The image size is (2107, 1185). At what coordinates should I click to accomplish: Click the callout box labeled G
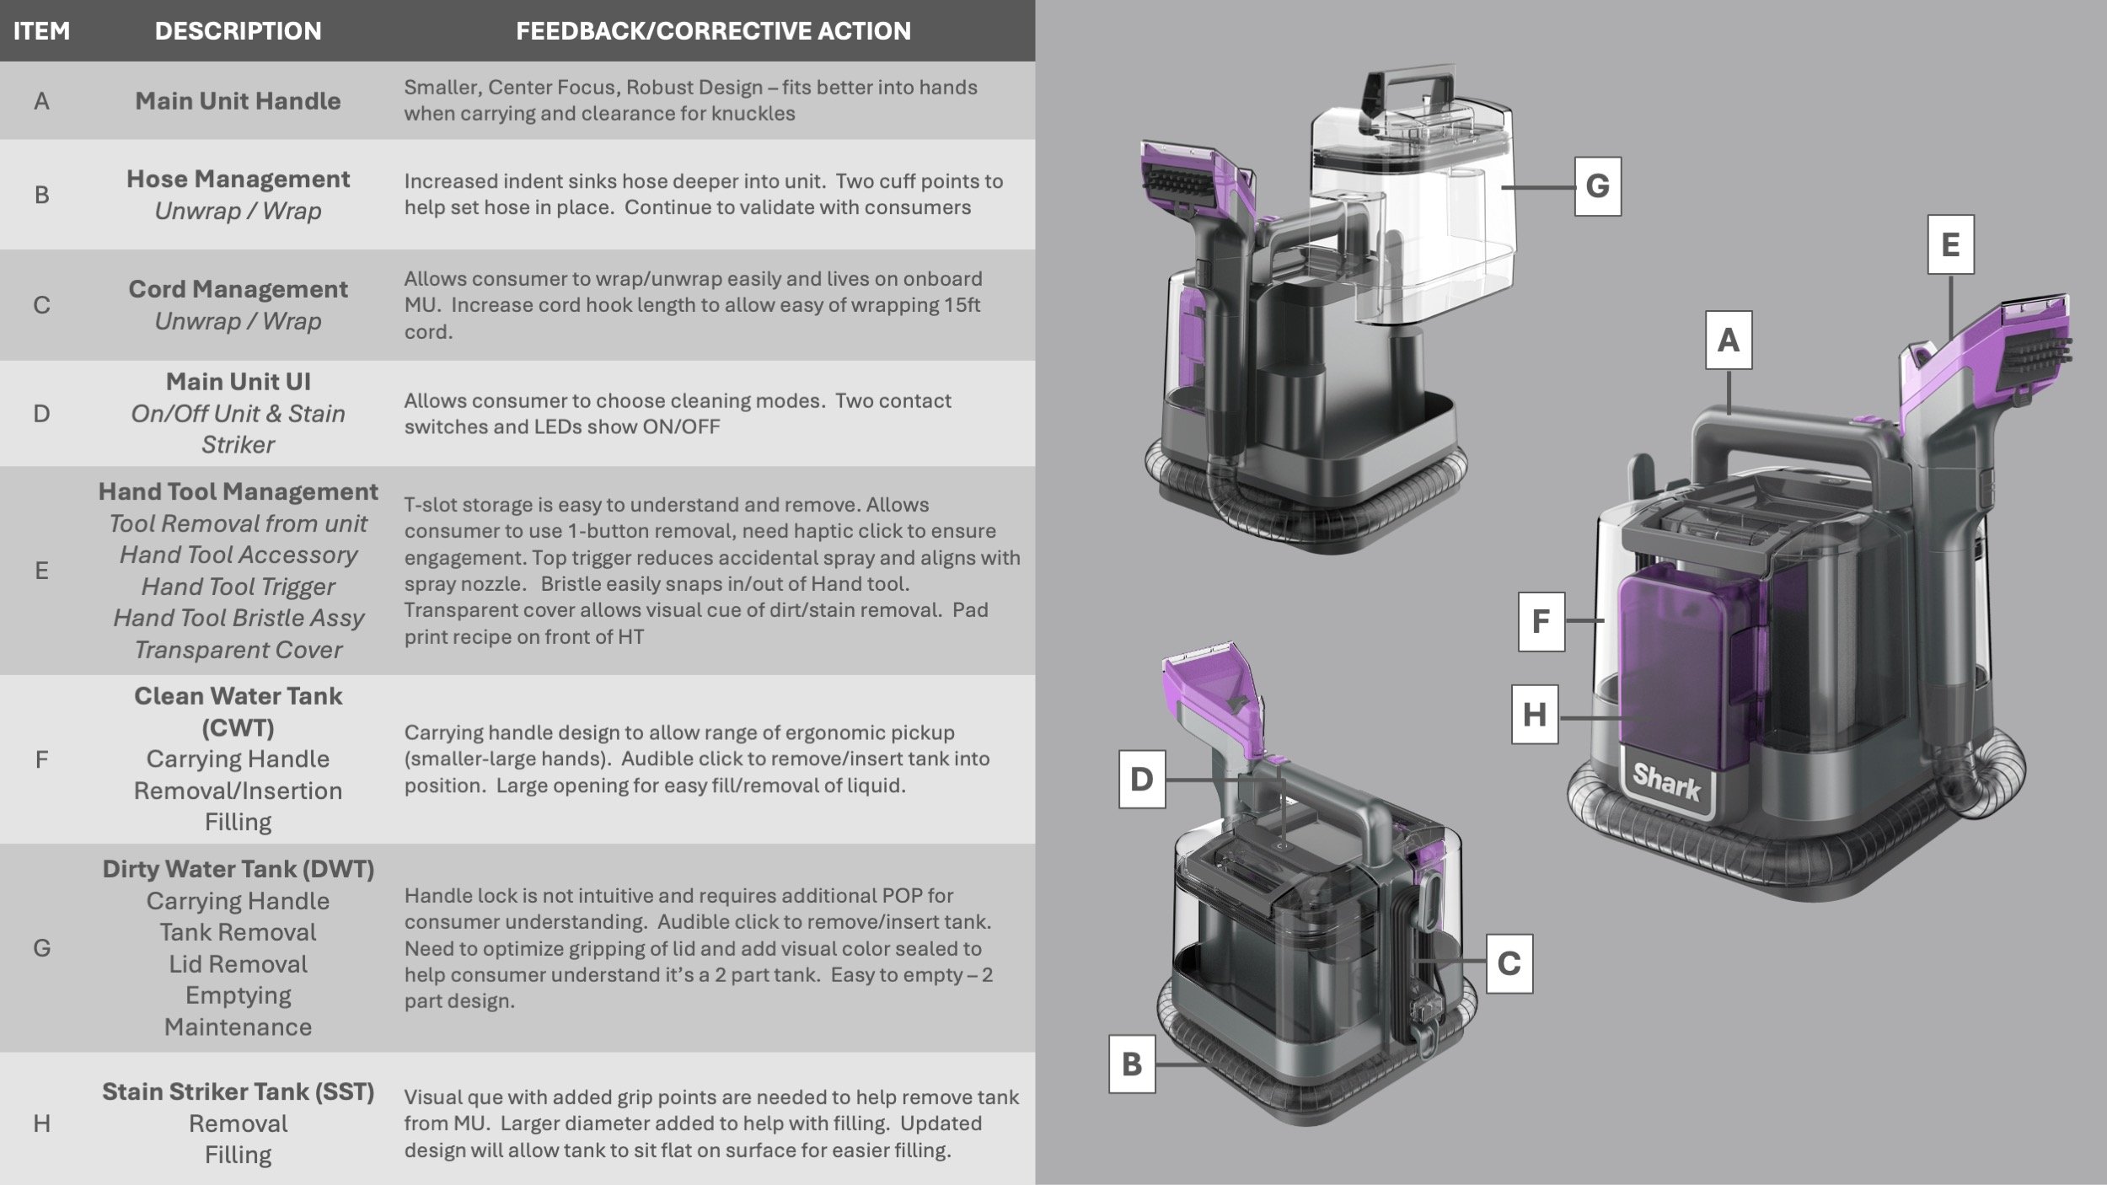(x=1597, y=186)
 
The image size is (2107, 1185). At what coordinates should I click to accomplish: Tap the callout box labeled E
(x=1950, y=245)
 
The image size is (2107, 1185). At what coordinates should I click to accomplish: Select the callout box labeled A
(x=1729, y=340)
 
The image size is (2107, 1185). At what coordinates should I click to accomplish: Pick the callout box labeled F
(x=1541, y=622)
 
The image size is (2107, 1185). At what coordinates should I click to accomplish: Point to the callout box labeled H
(x=1534, y=715)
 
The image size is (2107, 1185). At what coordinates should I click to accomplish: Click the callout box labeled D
(x=1142, y=780)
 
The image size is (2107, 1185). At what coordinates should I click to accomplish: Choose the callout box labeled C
(x=1509, y=963)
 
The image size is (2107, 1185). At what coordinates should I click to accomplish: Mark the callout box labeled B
(x=1131, y=1064)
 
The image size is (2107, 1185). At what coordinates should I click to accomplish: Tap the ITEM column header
(x=41, y=31)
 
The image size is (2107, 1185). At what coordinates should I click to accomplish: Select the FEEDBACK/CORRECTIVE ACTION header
(x=713, y=31)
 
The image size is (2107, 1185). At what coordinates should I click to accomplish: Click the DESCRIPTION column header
(x=238, y=31)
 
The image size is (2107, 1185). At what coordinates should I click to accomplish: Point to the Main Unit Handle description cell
(x=238, y=101)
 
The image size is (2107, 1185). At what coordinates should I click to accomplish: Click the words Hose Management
(x=238, y=179)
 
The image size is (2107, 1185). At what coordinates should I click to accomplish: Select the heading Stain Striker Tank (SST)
(x=238, y=1091)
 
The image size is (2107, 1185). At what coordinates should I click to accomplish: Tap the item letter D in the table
(x=41, y=414)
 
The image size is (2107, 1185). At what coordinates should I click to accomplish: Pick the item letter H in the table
(x=41, y=1123)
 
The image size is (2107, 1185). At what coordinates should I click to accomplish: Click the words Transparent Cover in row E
(x=238, y=650)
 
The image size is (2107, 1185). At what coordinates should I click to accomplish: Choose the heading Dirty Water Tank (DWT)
(x=238, y=869)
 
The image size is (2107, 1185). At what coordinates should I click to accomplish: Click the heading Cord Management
(x=238, y=289)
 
